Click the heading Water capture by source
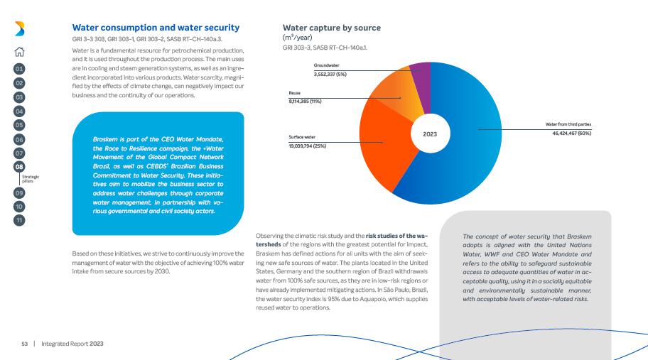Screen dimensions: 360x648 point(332,28)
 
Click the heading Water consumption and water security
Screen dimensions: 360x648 point(156,28)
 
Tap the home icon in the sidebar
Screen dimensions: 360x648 point(20,50)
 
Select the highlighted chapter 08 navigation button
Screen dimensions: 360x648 point(20,167)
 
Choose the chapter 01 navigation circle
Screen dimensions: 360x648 point(20,70)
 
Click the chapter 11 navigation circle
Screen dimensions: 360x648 point(20,219)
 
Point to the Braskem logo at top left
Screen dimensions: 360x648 point(20,28)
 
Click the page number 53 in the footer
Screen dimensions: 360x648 point(23,344)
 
